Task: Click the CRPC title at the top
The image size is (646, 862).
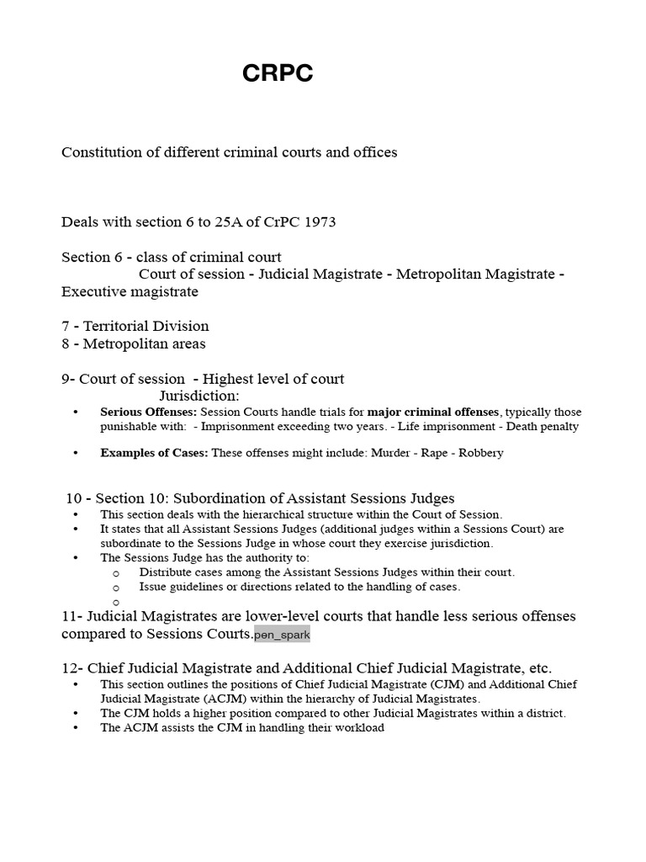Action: [278, 74]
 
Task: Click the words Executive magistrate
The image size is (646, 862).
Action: [130, 292]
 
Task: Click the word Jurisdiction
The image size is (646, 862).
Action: [199, 396]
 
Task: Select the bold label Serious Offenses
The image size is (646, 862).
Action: [148, 412]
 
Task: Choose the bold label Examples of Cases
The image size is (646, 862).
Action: [154, 453]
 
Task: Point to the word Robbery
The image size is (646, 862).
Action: [480, 453]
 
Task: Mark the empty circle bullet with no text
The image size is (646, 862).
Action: [116, 602]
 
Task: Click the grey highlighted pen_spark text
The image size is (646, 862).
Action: [282, 635]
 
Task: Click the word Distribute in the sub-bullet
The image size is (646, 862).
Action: [168, 572]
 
